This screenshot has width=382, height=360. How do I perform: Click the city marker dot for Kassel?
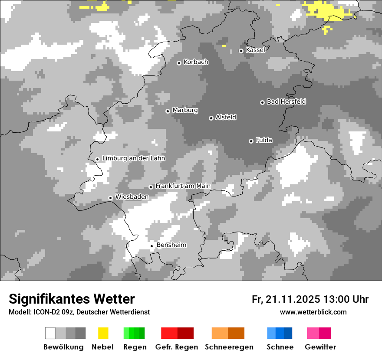[241, 51]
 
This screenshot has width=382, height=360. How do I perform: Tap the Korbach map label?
[196, 62]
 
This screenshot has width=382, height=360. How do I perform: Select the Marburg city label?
[185, 110]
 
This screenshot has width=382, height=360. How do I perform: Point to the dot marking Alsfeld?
[211, 118]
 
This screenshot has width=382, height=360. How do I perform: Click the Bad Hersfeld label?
[286, 101]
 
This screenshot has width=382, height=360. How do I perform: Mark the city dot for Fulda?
[251, 141]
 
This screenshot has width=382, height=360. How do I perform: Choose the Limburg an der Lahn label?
[134, 158]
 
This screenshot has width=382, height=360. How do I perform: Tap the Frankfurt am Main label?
[183, 186]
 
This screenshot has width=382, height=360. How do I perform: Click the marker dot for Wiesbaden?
[110, 198]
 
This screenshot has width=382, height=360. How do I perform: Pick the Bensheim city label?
[171, 245]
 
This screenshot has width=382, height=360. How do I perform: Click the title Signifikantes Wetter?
[72, 299]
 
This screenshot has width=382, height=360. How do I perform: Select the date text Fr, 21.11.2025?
[286, 299]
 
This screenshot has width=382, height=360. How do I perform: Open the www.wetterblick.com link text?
[313, 312]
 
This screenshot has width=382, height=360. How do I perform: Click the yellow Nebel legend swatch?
[103, 333]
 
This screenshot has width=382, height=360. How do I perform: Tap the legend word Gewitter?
[320, 347]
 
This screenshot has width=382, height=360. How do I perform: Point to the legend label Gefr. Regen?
[177, 347]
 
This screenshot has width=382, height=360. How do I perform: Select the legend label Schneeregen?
[229, 347]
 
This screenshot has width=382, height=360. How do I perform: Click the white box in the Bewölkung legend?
[50, 333]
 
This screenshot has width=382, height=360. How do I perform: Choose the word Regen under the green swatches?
[135, 347]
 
